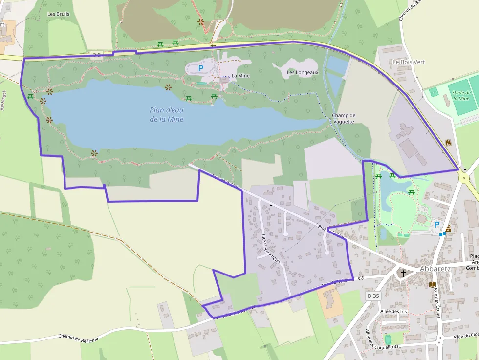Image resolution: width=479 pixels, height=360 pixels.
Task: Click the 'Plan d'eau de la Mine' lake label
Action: pos(167,114)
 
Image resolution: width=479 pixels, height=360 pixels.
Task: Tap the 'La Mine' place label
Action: pos(240,76)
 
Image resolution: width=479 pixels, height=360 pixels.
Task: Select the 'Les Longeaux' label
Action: pos(303,72)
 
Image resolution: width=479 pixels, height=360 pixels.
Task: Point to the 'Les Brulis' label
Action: pos(58,14)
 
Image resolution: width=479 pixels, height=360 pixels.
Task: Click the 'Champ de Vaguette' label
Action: pos(344,118)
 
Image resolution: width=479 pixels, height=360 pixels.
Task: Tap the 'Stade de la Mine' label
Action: pos(461,95)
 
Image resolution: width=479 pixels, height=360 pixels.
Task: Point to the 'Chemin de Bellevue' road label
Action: pos(78,338)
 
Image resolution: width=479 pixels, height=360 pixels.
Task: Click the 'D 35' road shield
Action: pos(373,296)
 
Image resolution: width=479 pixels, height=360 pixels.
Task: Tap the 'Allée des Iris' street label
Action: pos(393,311)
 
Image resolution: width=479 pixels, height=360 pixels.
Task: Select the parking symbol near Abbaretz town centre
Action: pos(436,225)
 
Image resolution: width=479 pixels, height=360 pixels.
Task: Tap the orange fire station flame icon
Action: pos(448,143)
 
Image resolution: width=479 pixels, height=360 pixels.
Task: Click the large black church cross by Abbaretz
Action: pos(403,273)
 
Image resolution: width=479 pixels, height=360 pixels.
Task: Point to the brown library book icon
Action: pos(432,284)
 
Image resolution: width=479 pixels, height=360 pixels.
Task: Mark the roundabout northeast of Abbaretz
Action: pos(464,178)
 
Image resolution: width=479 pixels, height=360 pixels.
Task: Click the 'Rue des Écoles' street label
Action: pos(436,303)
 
